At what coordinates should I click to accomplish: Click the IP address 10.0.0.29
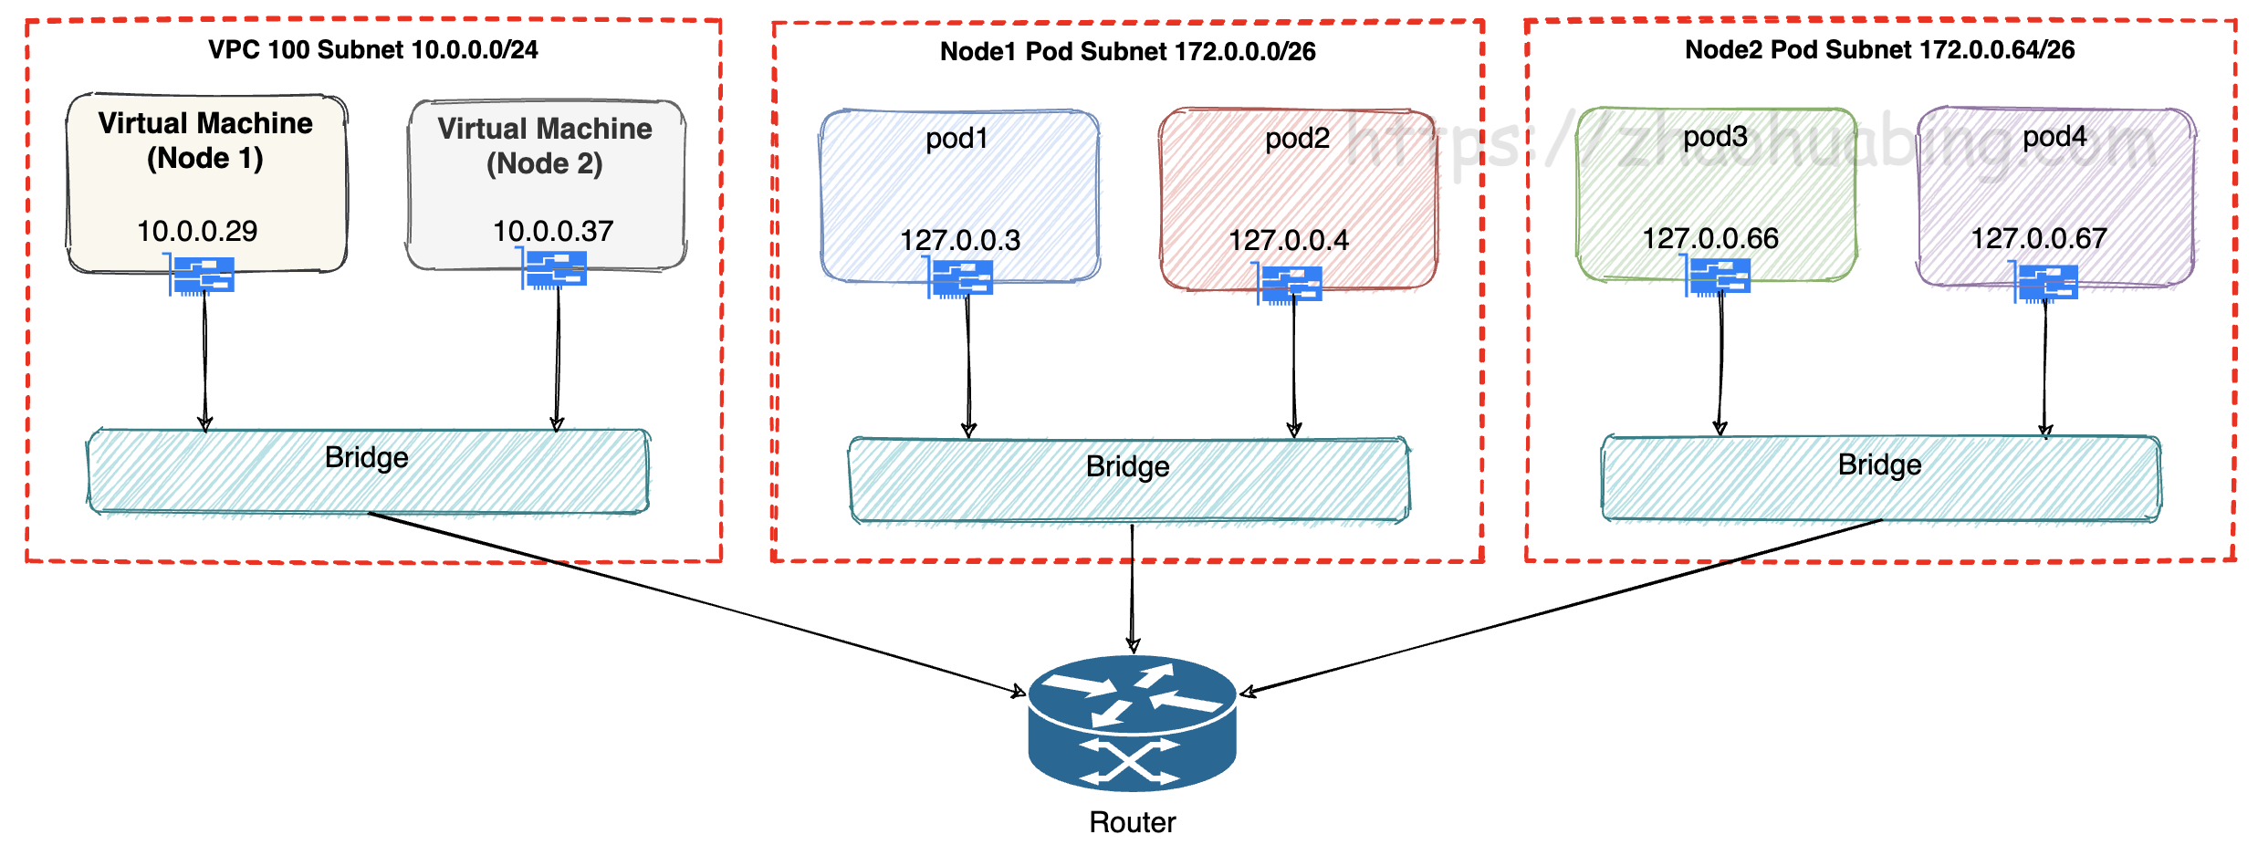click(x=197, y=231)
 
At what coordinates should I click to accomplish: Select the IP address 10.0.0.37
click(x=553, y=231)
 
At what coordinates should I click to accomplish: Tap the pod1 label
click(x=957, y=139)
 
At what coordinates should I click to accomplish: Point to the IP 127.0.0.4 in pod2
click(x=1288, y=240)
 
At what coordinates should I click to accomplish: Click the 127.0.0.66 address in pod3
click(x=1710, y=238)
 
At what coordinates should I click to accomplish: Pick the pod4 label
click(x=2054, y=137)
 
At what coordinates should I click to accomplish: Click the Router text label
click(x=1132, y=822)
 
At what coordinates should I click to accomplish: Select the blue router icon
click(x=1132, y=722)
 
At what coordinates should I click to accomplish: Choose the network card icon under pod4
click(x=2047, y=282)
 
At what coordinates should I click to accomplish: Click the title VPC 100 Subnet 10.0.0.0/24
click(x=372, y=49)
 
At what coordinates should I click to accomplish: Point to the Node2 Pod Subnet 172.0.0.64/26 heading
click(x=1879, y=49)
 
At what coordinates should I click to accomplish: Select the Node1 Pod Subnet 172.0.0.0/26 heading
click(x=1127, y=51)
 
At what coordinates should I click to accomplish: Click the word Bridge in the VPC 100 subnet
click(x=366, y=457)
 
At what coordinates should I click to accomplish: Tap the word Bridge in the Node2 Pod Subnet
click(x=1879, y=464)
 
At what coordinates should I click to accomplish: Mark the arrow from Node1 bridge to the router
click(x=1132, y=589)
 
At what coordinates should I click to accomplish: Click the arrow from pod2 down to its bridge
click(x=1293, y=365)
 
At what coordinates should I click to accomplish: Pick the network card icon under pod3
click(x=1720, y=276)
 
